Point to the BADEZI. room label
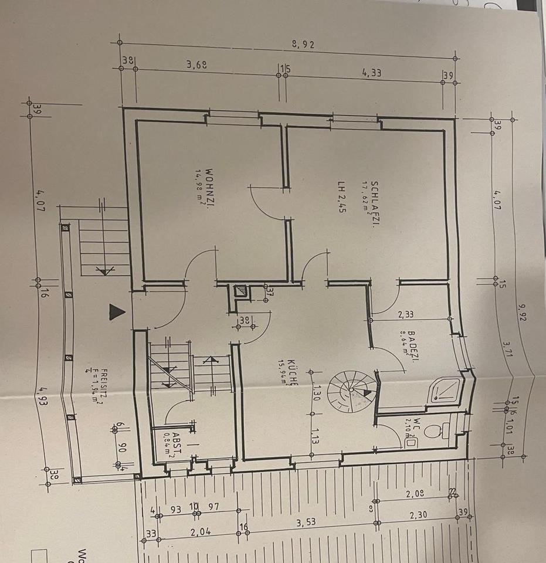(x=411, y=347)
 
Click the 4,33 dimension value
(x=372, y=73)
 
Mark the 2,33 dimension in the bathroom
(x=405, y=315)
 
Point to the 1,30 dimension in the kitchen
(x=317, y=390)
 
